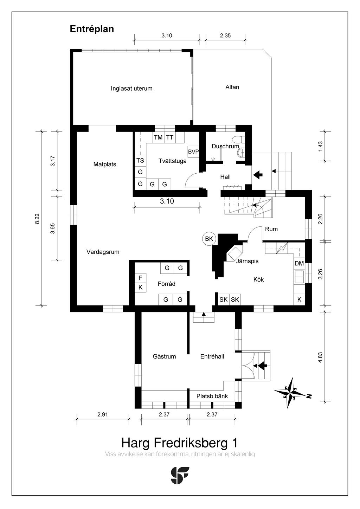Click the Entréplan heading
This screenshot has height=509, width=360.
coord(92,29)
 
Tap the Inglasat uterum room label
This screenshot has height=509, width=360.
coord(131,89)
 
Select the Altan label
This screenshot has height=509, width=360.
coord(232,87)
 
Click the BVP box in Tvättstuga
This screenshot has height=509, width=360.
coord(193,152)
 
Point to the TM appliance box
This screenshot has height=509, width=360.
coord(158,137)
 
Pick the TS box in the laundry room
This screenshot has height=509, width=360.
coord(140,161)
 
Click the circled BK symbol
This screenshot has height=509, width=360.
coord(209,239)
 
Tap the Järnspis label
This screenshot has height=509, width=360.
coord(247,261)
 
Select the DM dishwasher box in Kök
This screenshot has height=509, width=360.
coord(299,264)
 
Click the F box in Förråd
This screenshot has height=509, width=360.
coord(140,278)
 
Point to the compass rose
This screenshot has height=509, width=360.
coord(290,393)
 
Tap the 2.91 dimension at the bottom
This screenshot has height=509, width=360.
coord(103,414)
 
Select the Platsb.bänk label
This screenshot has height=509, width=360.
coord(212,396)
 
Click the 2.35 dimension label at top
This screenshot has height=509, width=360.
coord(225,36)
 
